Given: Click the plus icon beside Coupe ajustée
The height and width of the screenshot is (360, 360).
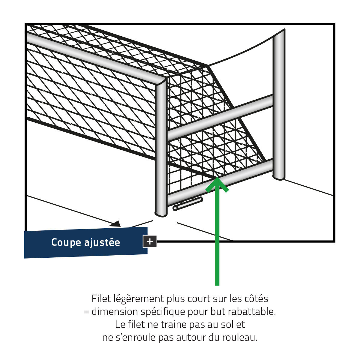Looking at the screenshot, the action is pos(150,241).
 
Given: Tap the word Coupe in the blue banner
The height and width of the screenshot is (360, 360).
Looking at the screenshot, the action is pos(66,242).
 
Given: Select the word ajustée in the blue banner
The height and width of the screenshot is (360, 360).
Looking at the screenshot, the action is pos(102,242).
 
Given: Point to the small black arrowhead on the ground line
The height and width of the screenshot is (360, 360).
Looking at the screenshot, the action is pos(115,224).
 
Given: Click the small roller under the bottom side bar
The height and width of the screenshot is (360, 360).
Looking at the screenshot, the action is pos(187,204).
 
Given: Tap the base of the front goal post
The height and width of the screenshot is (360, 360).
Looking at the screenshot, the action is pos(161,214).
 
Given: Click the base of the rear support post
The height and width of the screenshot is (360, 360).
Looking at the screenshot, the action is pos(278,178).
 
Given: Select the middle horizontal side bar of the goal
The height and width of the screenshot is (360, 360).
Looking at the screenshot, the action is pos(220,118).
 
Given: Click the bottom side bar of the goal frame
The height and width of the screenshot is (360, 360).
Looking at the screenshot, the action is pos(220,182).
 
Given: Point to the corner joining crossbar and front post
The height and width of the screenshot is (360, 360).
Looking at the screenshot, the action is pos(161,82).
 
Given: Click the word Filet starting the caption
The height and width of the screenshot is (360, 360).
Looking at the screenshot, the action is pos(101,298).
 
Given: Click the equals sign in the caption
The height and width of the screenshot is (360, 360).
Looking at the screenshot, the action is pos(86,312).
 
